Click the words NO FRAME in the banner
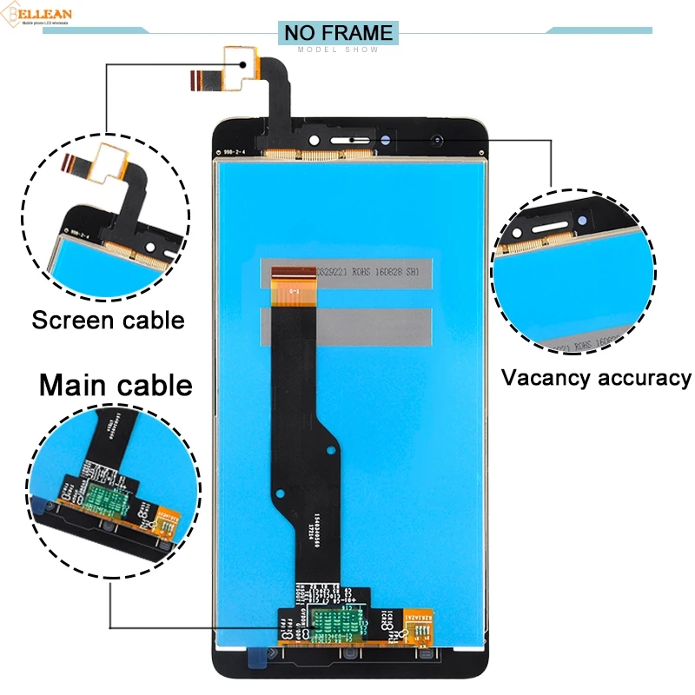click(x=338, y=33)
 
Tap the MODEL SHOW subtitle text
click(x=338, y=50)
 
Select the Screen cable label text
click(x=109, y=320)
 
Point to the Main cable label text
click(x=115, y=383)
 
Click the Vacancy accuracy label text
click(x=596, y=378)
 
